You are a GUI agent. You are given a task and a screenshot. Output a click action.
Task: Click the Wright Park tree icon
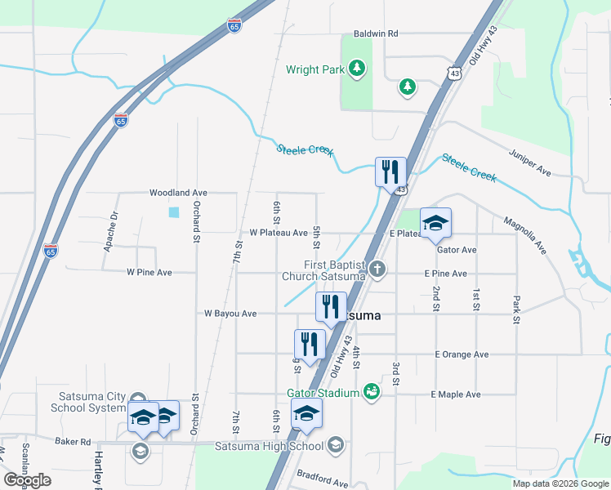point(356,69)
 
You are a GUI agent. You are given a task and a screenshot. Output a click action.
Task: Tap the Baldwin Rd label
point(375,34)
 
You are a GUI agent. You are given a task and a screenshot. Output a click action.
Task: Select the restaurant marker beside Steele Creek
point(390,172)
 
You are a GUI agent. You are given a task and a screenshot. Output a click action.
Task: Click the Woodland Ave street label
point(178,193)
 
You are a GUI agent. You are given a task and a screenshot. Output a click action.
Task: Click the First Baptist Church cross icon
point(377,269)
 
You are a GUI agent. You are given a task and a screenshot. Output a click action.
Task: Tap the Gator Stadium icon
point(372,393)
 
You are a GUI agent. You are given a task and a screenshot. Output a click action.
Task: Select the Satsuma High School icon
point(335,446)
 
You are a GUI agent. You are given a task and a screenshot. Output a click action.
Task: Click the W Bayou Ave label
point(230,314)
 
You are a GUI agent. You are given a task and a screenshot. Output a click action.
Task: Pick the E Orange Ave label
point(462,354)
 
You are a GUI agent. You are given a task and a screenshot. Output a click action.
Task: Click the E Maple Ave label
point(456,394)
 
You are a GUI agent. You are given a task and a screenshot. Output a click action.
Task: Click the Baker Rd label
point(73,441)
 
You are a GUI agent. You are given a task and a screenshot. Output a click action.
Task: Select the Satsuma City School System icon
point(138,401)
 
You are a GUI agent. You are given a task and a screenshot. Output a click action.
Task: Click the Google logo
point(27,480)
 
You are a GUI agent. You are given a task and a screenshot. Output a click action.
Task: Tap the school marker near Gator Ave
point(435,223)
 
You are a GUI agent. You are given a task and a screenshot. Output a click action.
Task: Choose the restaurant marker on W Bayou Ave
point(331,308)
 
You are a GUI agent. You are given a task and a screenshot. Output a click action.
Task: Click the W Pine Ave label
point(149,272)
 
